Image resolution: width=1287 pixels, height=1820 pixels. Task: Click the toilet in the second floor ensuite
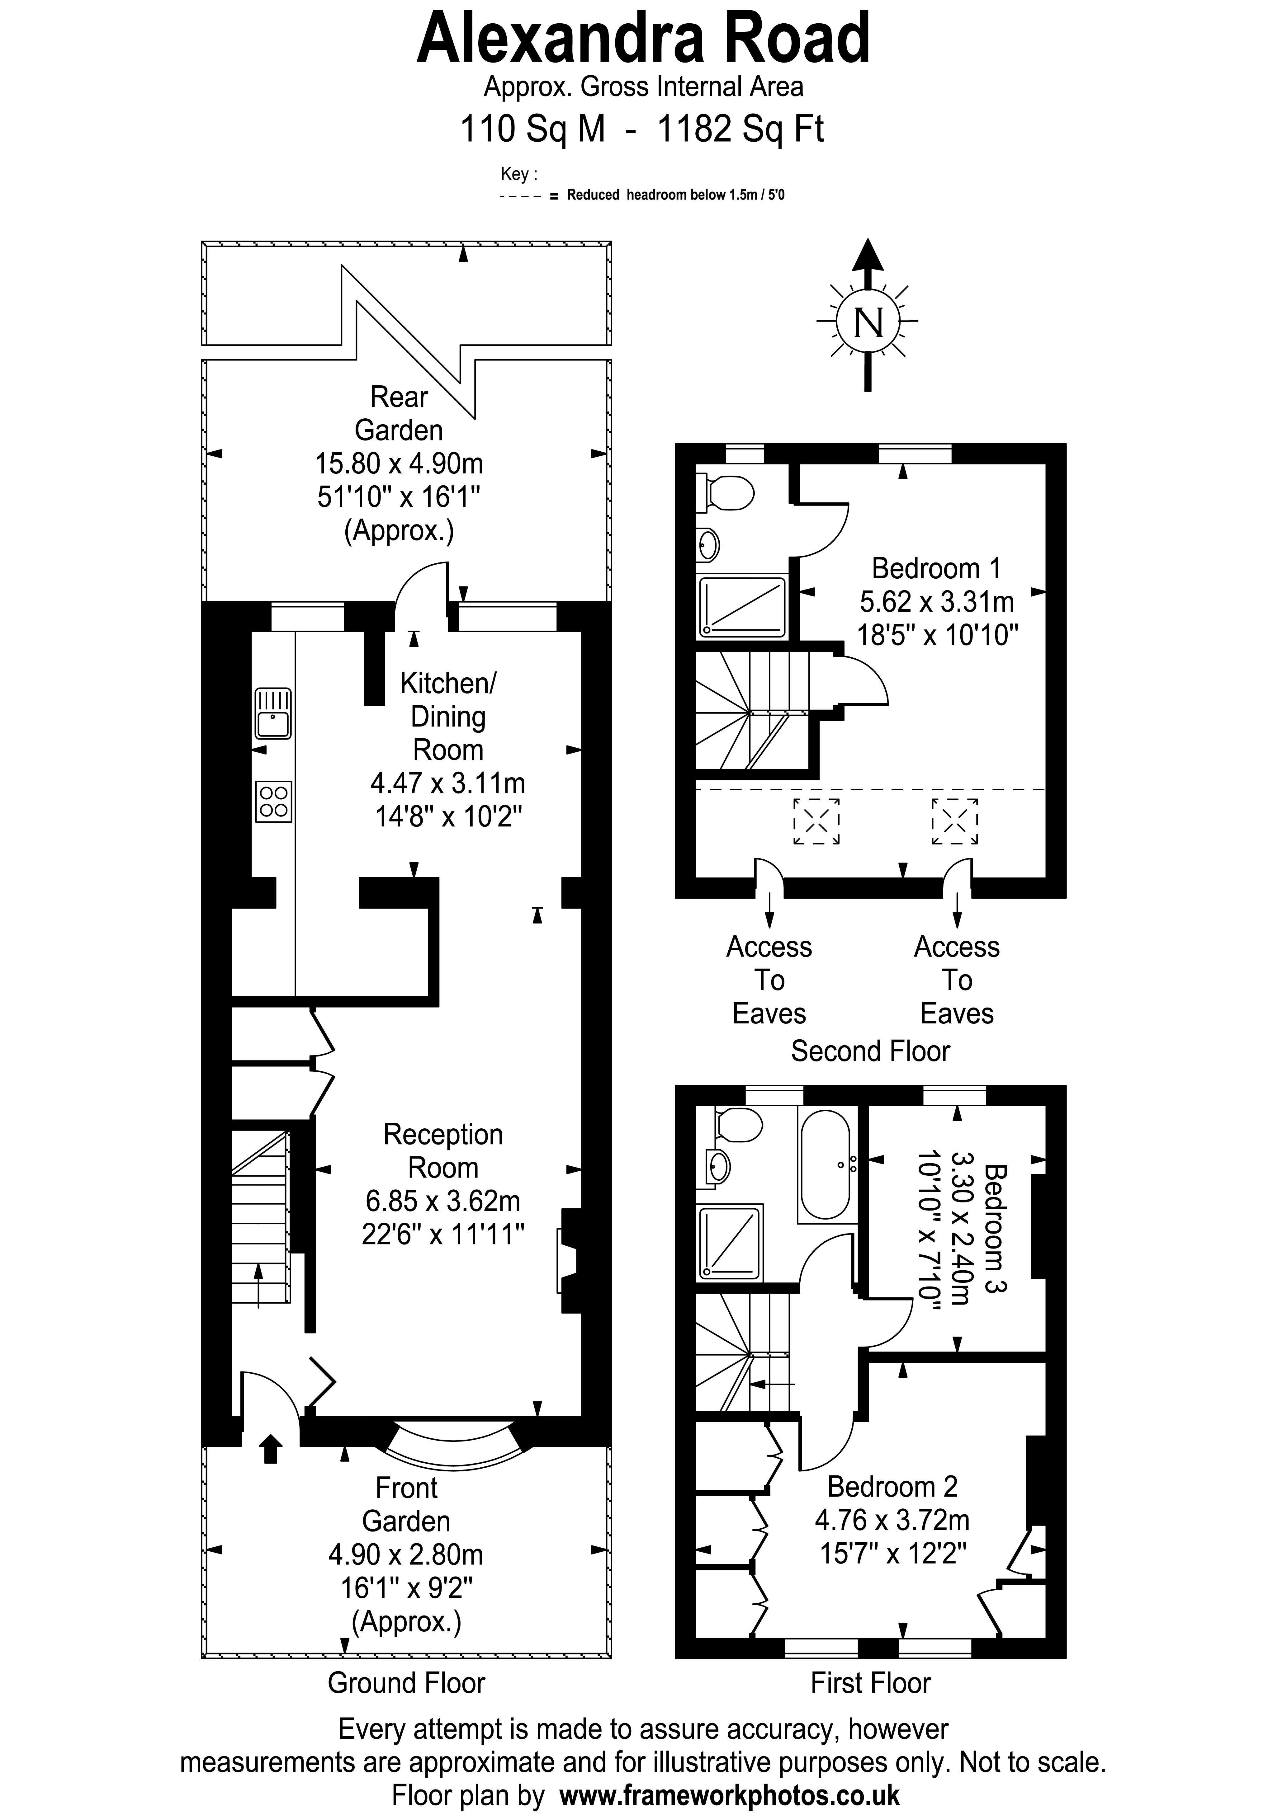click(x=726, y=493)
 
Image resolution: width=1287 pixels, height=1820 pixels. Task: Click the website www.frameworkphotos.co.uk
click(x=730, y=1794)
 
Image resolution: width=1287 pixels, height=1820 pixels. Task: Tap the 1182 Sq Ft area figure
click(x=740, y=129)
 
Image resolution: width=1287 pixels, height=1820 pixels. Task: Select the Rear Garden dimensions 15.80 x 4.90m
click(x=399, y=463)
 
